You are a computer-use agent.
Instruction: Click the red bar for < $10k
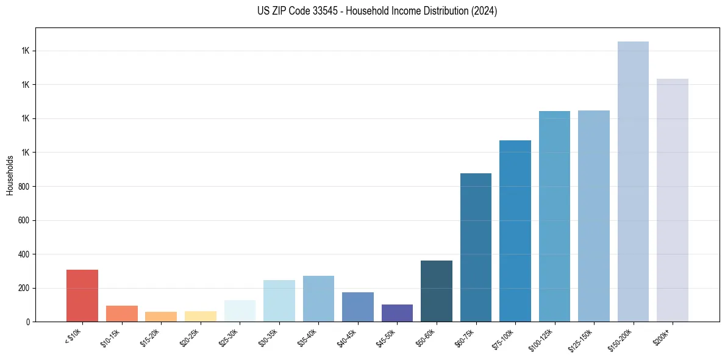click(x=82, y=295)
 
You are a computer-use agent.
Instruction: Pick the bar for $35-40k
click(x=318, y=298)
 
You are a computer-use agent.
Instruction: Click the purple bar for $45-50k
click(x=397, y=313)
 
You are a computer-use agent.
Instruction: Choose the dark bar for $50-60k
click(x=437, y=291)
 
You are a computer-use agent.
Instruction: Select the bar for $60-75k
click(x=476, y=247)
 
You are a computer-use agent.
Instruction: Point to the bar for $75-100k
click(x=515, y=231)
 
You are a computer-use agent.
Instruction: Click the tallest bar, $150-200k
click(x=633, y=181)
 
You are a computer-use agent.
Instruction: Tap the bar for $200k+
click(x=673, y=200)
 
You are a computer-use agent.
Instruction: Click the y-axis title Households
click(x=10, y=175)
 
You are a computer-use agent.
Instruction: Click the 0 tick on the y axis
click(x=28, y=322)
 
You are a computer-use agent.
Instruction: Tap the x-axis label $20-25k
click(x=189, y=337)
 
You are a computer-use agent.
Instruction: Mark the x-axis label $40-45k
click(x=346, y=337)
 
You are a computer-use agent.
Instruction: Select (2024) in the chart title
click(x=483, y=12)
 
